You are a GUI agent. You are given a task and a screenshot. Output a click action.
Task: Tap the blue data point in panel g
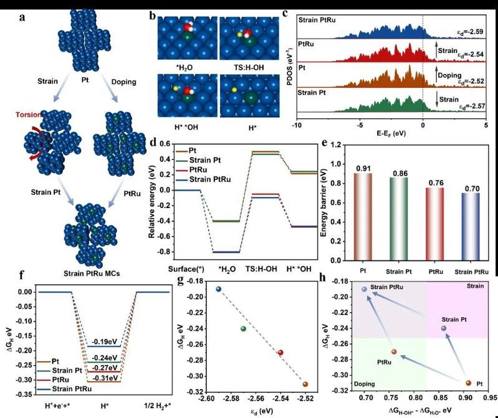pos(218,289)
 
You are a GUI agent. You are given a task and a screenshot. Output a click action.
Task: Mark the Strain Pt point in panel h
pos(444,328)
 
